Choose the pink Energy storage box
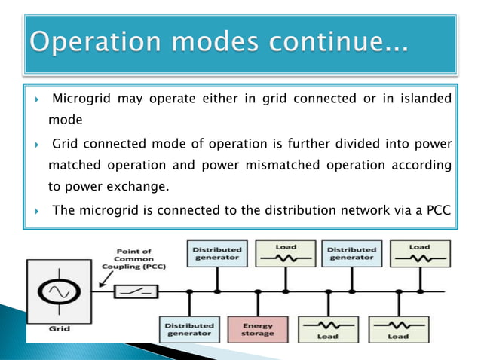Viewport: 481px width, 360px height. [x=258, y=329]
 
